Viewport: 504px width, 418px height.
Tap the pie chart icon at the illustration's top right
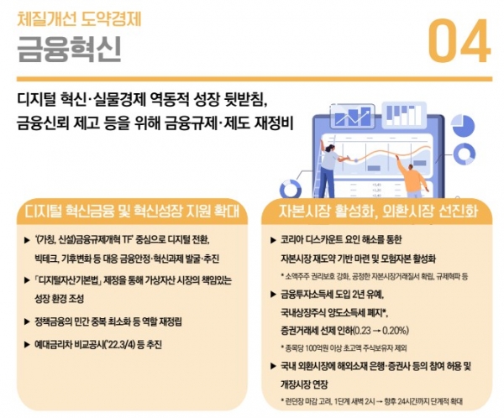pyautogui.click(x=463, y=126)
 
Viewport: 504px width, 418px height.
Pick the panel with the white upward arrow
pyautogui.click(x=354, y=116)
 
